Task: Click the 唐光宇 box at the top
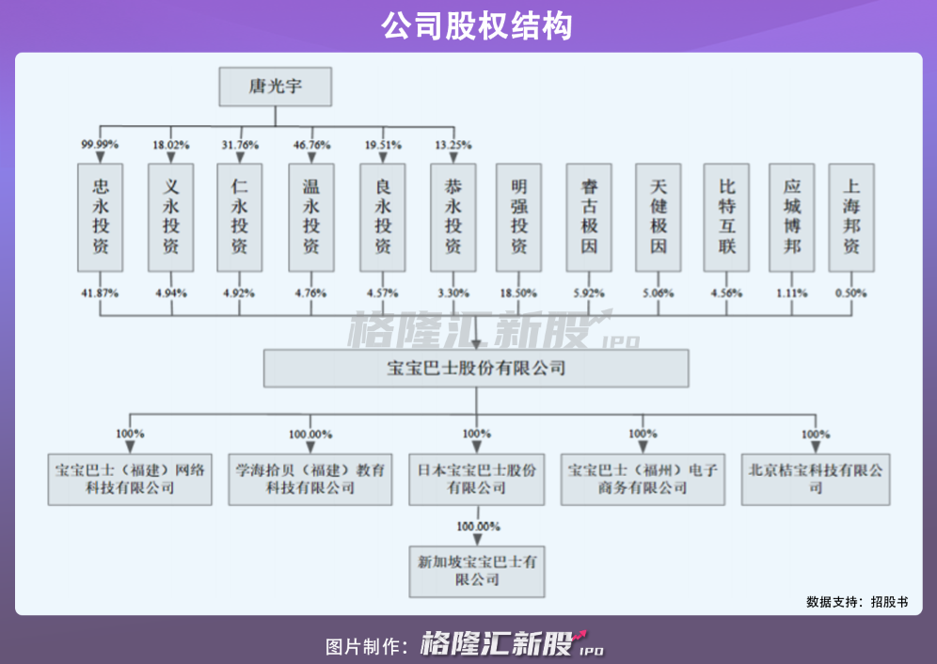(x=277, y=87)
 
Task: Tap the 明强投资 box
(x=519, y=217)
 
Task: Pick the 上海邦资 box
(x=851, y=217)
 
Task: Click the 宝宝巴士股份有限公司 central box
(x=476, y=368)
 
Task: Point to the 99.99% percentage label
(x=100, y=145)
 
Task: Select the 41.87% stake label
(x=100, y=293)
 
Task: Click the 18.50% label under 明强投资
(x=519, y=293)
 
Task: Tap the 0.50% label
(x=851, y=293)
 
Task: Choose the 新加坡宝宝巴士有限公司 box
(x=477, y=571)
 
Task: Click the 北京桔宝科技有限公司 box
(x=816, y=479)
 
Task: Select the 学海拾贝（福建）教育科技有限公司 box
(x=310, y=479)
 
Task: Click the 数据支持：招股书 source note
(x=857, y=601)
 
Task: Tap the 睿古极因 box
(x=590, y=217)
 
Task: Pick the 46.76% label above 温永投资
(x=311, y=145)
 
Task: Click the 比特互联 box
(x=727, y=217)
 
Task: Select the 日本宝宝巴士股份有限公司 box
(x=477, y=479)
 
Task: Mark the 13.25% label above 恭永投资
(x=453, y=145)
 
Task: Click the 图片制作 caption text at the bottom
(x=366, y=645)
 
